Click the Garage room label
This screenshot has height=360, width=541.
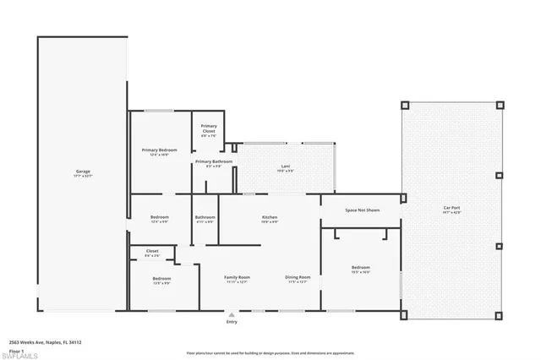[83, 172]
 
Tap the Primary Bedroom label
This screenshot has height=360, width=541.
[159, 150]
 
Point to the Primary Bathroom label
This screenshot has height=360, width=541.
[214, 161]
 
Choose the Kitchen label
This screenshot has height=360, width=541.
[269, 217]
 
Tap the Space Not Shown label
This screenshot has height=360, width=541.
[361, 210]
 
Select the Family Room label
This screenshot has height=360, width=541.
[237, 277]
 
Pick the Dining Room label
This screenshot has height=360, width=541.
[298, 277]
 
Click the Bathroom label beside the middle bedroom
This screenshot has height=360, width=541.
[205, 217]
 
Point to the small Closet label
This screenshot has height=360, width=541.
[152, 251]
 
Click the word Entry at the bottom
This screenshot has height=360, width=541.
[232, 322]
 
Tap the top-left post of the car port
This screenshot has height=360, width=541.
[405, 106]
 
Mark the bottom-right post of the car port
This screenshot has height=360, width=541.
[499, 317]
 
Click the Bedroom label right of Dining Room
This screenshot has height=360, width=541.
[361, 268]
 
